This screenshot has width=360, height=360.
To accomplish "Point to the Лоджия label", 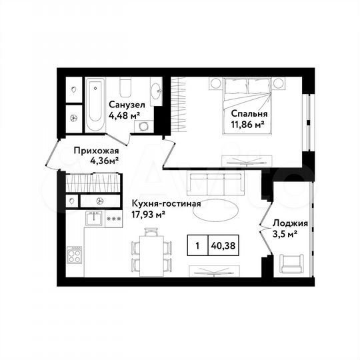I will pyautogui.click(x=285, y=223).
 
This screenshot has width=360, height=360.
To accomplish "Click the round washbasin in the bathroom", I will pyautogui.click(x=156, y=92).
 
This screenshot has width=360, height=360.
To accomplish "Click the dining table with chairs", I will pyautogui.click(x=152, y=251).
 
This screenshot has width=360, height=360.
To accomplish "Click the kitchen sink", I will pyautogui.click(x=93, y=217).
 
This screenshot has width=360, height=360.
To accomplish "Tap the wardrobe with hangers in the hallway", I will pyautogui.click(x=93, y=181).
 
